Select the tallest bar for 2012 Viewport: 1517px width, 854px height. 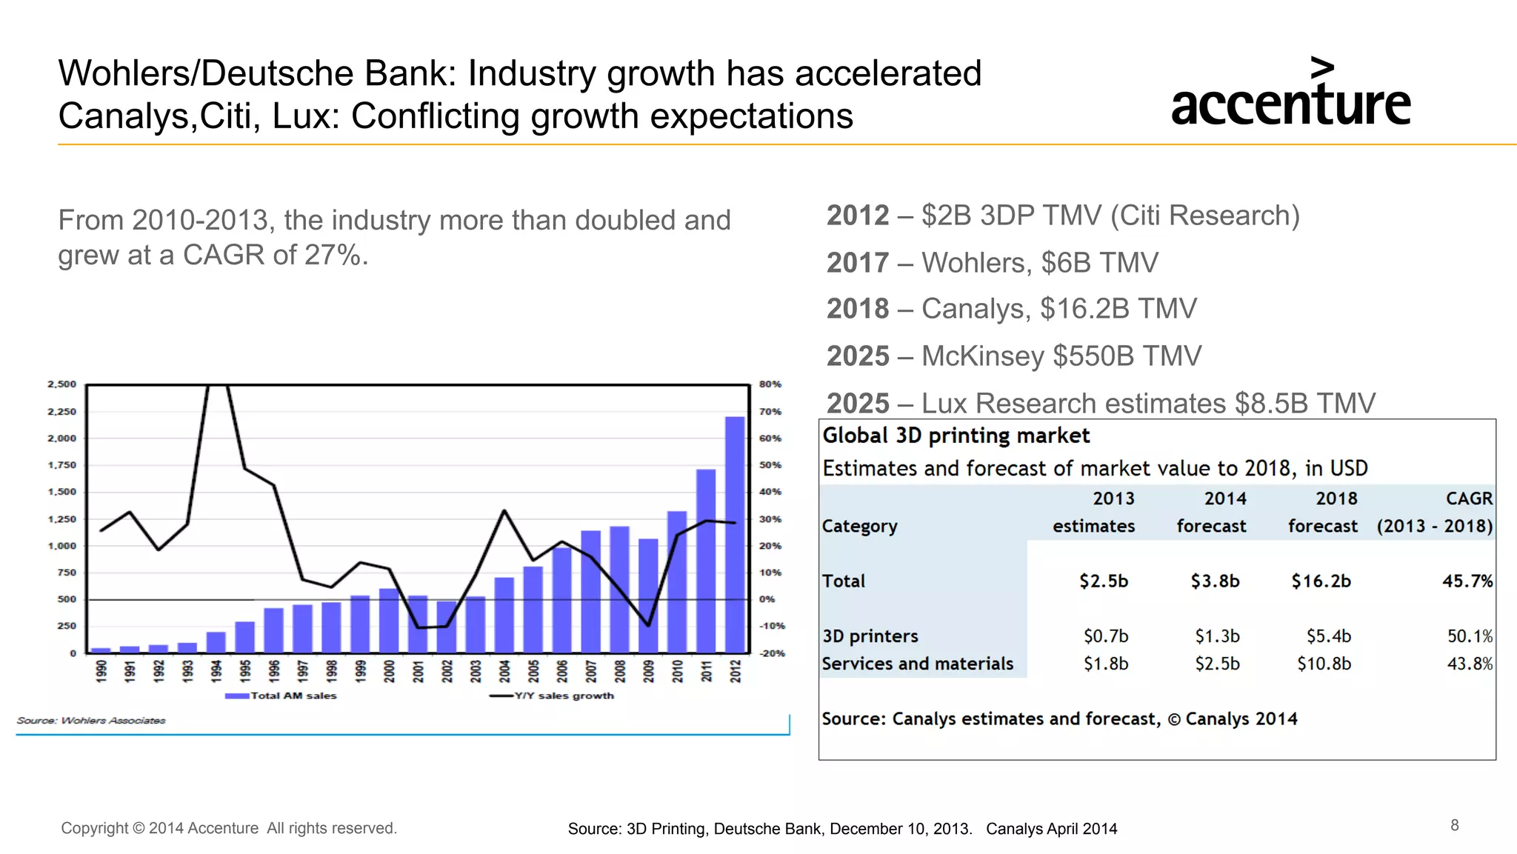tap(734, 533)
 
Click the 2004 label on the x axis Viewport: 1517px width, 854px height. tap(504, 671)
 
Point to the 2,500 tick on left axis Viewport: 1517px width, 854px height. tap(62, 384)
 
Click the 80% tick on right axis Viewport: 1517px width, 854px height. tap(770, 384)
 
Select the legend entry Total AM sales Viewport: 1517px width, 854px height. tap(281, 695)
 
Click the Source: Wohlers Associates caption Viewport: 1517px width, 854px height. tap(91, 720)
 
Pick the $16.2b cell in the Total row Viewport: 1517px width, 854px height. tap(1321, 581)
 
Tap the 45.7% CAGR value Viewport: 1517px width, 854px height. tap(1467, 581)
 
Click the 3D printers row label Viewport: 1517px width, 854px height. tap(870, 636)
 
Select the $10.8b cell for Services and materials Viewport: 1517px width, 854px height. tap(1324, 664)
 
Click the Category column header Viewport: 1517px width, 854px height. tap(859, 526)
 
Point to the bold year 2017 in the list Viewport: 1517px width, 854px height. tap(857, 263)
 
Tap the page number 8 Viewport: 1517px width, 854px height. tap(1454, 825)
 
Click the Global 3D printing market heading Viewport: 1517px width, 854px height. tap(956, 436)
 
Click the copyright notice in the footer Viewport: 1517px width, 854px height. tap(229, 828)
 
